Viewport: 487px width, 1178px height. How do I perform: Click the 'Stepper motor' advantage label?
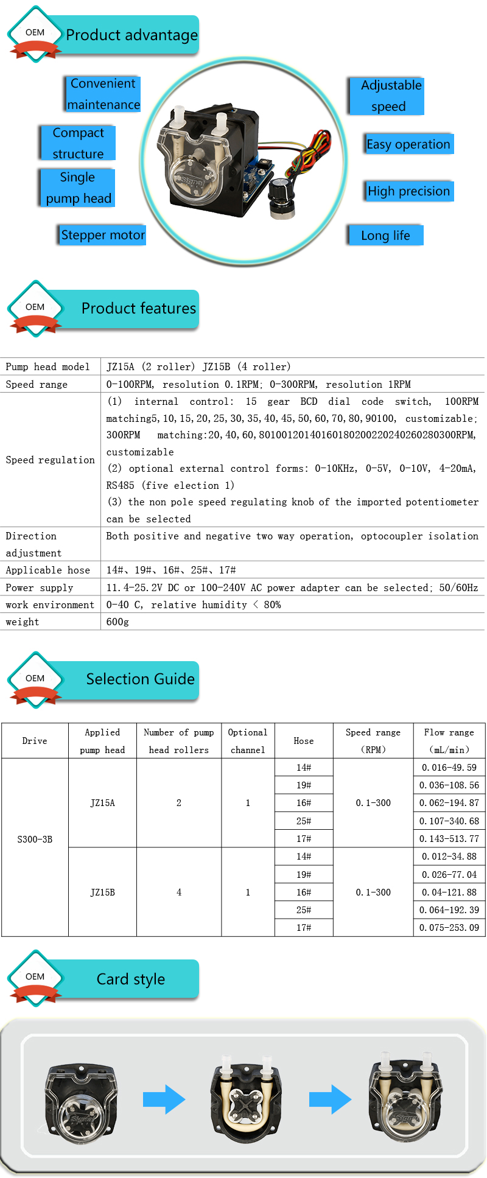(x=103, y=235)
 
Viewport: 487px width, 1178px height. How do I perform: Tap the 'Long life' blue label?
(x=385, y=236)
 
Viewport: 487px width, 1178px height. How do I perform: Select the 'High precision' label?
(x=408, y=191)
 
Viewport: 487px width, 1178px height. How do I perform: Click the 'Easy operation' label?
(x=408, y=144)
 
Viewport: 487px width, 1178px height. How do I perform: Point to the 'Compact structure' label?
(x=78, y=143)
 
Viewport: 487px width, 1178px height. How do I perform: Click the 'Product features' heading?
(x=139, y=309)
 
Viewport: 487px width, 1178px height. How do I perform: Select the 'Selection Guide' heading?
(x=140, y=679)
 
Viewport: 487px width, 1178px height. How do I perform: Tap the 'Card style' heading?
(x=130, y=979)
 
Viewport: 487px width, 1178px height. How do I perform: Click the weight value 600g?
(x=117, y=622)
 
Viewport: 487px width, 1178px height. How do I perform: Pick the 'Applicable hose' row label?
(x=48, y=570)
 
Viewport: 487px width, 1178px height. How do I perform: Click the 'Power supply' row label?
(x=40, y=587)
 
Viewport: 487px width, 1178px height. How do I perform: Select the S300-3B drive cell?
(x=35, y=840)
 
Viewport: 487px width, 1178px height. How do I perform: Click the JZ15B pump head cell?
(x=102, y=892)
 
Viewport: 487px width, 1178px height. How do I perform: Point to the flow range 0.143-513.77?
(x=449, y=839)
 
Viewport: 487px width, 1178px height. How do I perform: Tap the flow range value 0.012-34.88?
(x=449, y=857)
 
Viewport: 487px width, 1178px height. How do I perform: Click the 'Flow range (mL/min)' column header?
(x=449, y=741)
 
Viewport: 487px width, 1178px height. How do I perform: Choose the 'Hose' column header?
(x=304, y=741)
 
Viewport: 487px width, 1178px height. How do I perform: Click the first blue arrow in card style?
(x=164, y=1099)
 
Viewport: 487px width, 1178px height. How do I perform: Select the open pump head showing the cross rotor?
(x=245, y=1100)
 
